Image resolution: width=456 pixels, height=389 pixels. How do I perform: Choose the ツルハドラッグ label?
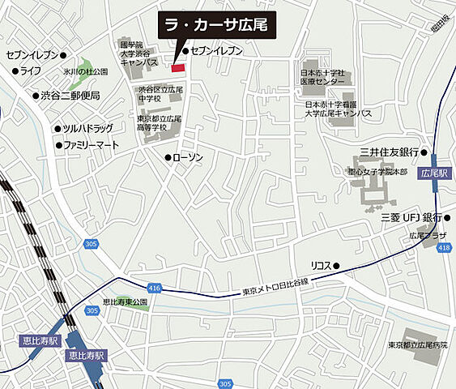[88, 128]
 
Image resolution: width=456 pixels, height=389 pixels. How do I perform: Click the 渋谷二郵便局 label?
[70, 96]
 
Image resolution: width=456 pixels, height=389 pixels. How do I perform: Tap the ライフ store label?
[31, 71]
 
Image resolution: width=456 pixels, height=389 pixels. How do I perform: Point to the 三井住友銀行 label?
[394, 152]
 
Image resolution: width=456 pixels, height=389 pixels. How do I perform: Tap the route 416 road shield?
[156, 288]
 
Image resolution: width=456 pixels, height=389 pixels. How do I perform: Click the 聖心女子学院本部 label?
[371, 171]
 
